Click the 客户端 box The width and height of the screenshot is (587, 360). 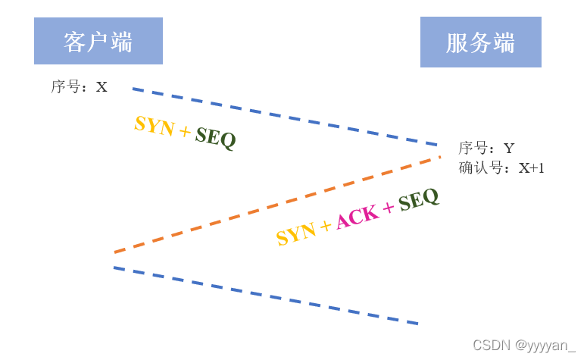point(98,42)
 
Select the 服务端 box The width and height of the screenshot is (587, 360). point(480,42)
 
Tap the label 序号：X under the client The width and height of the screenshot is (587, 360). point(79,87)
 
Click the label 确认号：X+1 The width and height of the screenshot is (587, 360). point(501,168)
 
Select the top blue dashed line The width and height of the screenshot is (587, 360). point(285,116)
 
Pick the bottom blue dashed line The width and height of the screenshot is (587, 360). point(266,296)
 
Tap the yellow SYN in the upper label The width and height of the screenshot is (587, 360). point(154,126)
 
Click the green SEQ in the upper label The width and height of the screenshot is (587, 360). point(216,138)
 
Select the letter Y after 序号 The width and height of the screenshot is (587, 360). point(509,149)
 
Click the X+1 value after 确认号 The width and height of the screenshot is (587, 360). point(531,168)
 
